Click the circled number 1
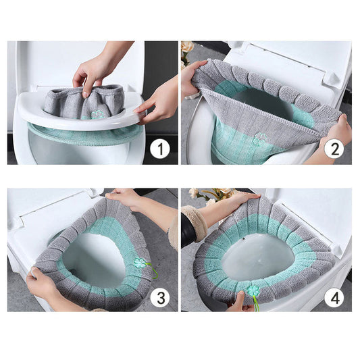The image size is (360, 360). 159,148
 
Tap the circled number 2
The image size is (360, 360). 334,147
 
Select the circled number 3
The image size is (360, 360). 159,295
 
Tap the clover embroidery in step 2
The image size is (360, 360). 260,138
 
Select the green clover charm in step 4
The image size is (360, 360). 253,291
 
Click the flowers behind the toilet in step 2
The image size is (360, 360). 187,51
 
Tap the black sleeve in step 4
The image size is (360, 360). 188,230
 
